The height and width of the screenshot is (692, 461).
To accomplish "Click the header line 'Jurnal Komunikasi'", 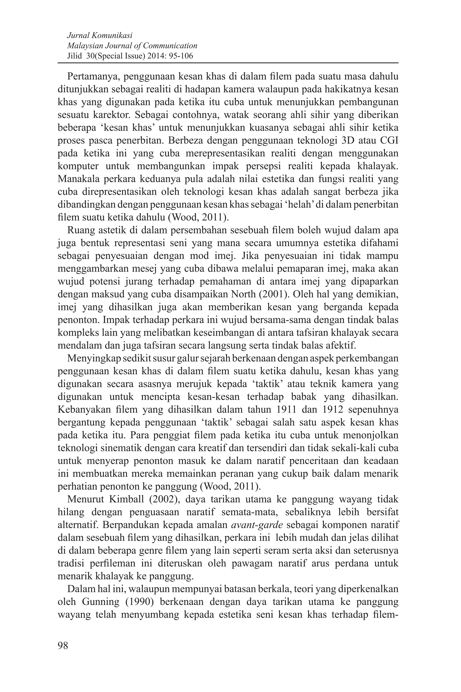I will [x=100, y=36].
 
